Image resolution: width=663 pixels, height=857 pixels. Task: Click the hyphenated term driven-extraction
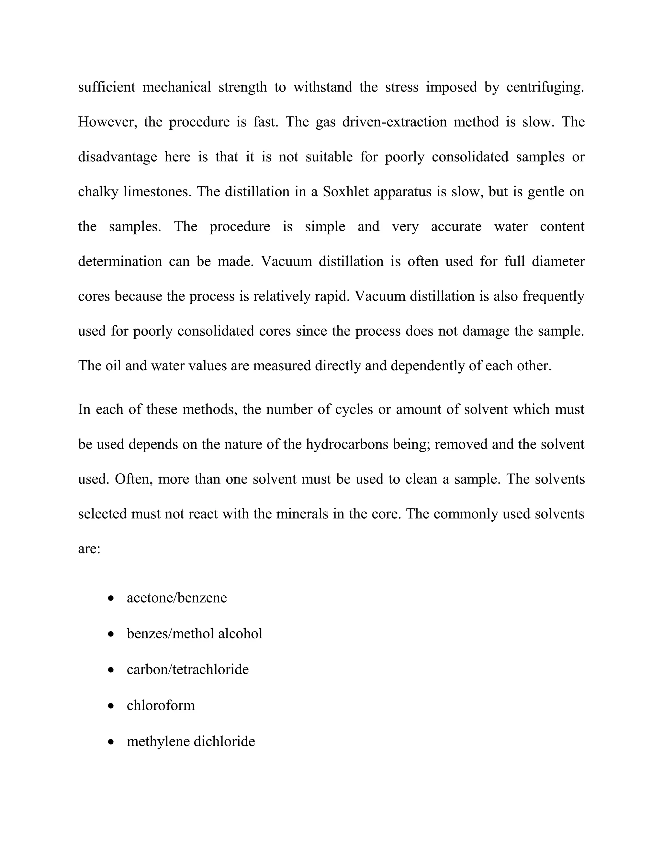[x=394, y=122]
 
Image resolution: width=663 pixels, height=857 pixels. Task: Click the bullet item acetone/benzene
[x=177, y=598]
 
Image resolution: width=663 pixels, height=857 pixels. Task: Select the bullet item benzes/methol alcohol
[x=195, y=633]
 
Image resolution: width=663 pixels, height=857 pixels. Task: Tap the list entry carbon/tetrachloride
[x=188, y=669]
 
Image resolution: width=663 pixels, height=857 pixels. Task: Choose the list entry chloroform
[x=161, y=705]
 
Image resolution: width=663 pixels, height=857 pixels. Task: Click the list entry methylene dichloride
[x=191, y=741]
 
